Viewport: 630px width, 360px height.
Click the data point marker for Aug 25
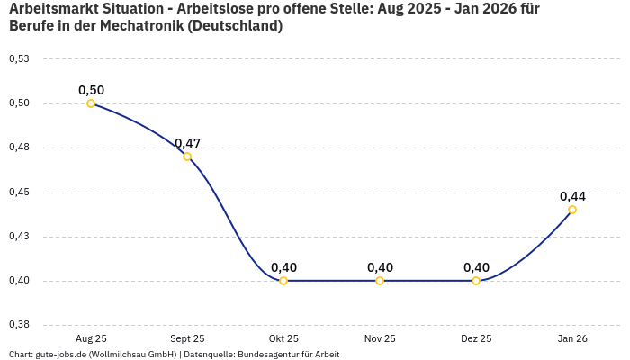click(91, 103)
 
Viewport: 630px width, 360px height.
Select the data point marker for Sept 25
click(187, 157)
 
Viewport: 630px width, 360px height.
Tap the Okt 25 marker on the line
click(283, 281)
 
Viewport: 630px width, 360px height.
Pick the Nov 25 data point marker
click(380, 281)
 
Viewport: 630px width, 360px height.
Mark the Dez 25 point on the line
click(476, 281)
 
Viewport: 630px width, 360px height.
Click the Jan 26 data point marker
click(572, 210)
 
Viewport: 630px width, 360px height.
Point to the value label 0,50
click(91, 90)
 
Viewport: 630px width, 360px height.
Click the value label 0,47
click(187, 143)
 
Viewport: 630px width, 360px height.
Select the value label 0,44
click(572, 196)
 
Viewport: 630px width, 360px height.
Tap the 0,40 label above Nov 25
click(380, 267)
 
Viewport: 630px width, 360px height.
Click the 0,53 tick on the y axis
click(19, 59)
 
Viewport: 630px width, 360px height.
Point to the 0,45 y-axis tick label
click(19, 193)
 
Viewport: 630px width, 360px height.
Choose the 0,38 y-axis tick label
click(19, 325)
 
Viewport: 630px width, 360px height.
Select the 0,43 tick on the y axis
click(19, 237)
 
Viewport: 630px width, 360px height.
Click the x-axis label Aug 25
click(91, 338)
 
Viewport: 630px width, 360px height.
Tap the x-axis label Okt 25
click(283, 338)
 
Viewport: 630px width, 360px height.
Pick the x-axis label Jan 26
click(572, 338)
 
